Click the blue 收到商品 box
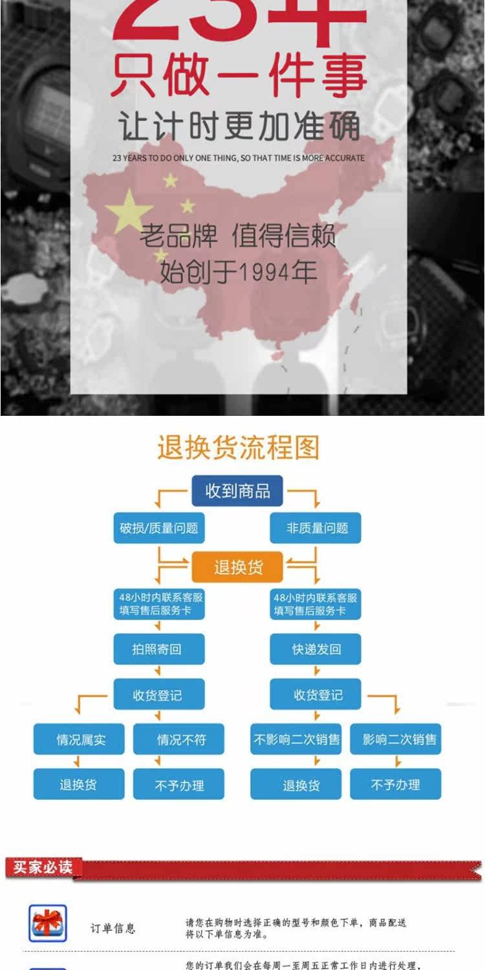[x=238, y=491]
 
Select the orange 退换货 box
[x=238, y=568]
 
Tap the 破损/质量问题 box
[x=159, y=528]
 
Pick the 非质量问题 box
[x=316, y=528]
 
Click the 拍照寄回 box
[x=159, y=649]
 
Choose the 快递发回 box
[x=316, y=649]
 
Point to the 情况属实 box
[x=79, y=739]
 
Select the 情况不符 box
[x=179, y=739]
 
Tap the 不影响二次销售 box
[x=296, y=739]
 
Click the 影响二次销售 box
[x=396, y=739]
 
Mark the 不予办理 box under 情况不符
[x=179, y=785]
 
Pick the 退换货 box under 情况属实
[x=79, y=785]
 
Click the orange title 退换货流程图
[x=238, y=447]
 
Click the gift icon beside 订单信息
[x=48, y=923]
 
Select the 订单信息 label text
[x=113, y=929]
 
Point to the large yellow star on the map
[x=129, y=211]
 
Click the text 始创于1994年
[x=238, y=272]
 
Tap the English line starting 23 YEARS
[x=238, y=158]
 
